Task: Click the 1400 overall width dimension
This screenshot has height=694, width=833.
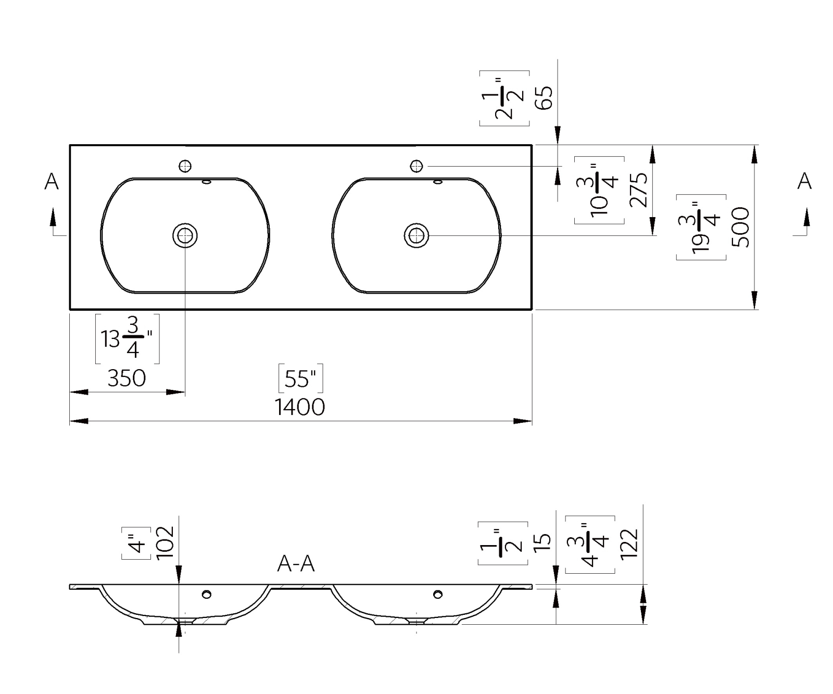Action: click(x=300, y=407)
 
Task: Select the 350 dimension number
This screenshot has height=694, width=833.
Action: click(x=127, y=378)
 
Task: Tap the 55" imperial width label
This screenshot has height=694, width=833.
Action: click(x=301, y=378)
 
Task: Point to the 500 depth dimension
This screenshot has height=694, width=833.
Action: click(x=740, y=227)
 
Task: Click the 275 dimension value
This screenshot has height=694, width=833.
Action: click(x=638, y=190)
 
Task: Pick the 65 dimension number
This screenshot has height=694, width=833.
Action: click(x=544, y=97)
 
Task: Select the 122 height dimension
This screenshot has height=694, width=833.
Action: click(x=629, y=544)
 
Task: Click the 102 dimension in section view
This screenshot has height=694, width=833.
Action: click(x=165, y=542)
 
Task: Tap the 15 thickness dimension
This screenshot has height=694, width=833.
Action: click(x=542, y=542)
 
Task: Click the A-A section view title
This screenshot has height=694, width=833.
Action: click(x=296, y=564)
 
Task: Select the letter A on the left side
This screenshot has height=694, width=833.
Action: click(x=52, y=182)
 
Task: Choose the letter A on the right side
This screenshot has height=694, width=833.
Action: click(x=804, y=182)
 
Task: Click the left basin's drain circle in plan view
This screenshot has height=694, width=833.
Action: click(x=185, y=236)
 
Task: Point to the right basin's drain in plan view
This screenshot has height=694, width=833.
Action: click(x=416, y=236)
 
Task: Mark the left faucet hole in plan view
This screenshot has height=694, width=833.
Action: click(x=185, y=166)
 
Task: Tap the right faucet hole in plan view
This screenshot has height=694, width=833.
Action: click(x=416, y=166)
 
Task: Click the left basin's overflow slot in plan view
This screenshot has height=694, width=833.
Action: click(x=206, y=182)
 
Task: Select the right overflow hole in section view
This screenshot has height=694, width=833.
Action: click(x=438, y=594)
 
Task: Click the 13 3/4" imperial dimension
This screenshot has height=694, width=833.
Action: click(x=128, y=339)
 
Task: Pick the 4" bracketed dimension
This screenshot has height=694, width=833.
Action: click(x=136, y=543)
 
